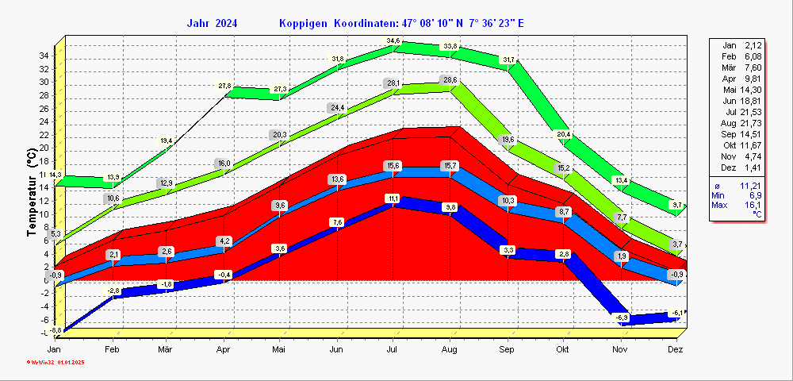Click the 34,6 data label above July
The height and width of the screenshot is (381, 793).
pos(393,41)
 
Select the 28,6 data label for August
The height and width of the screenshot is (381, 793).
pos(450,80)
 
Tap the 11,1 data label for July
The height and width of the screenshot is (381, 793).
pos(393,198)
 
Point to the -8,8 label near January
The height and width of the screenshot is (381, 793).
pos(55,330)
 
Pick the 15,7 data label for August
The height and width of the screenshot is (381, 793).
pos(450,165)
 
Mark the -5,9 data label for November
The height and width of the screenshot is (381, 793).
pos(623,317)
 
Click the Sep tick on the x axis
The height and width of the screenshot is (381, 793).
pos(507,349)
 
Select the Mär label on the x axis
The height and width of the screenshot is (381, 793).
pos(166,349)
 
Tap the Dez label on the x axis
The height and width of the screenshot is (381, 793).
pos(676,349)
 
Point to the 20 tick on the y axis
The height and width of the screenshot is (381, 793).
pos(45,148)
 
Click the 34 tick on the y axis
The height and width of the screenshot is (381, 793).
pos(45,56)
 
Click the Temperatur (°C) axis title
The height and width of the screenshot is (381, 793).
pos(33,195)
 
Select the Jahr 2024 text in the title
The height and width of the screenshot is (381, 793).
pos(212,23)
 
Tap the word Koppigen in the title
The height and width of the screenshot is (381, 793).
pos(304,23)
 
